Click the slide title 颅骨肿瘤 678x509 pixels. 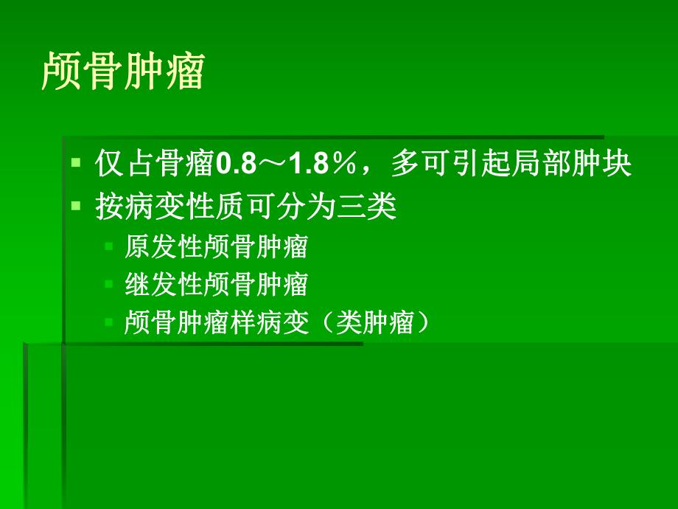point(122,72)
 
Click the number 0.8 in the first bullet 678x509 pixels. point(234,164)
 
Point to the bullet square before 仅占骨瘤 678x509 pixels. point(76,163)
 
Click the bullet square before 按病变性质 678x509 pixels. point(76,207)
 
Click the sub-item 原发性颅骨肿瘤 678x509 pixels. point(216,248)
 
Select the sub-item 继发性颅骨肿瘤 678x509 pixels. point(216,285)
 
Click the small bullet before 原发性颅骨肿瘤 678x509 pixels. point(108,247)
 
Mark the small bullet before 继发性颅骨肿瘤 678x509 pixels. point(108,284)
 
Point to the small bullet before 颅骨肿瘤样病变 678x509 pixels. point(108,322)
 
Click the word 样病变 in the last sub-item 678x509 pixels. point(280,323)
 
